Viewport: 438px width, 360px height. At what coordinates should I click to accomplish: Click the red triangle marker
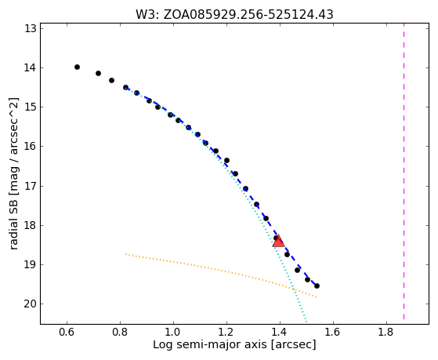pos(278,242)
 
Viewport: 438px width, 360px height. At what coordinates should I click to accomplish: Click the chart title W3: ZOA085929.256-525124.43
pos(234,15)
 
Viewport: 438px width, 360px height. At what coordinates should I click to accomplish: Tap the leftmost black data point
pos(77,67)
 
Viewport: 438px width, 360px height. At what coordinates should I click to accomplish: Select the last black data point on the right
pos(317,285)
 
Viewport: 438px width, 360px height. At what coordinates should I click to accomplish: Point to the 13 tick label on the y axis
pos(31,28)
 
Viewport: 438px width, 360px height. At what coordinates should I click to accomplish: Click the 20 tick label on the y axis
pos(31,304)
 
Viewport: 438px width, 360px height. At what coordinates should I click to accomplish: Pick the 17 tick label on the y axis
pos(31,186)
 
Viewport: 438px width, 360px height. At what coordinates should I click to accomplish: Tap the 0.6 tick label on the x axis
pos(67,332)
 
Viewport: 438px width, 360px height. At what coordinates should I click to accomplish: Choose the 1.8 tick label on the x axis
pos(386,332)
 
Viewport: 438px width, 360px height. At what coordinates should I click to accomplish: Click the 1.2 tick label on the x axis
pos(226,332)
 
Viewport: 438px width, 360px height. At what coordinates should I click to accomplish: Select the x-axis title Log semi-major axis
pos(210,344)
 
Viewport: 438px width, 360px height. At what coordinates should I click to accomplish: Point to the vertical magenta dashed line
pos(404,172)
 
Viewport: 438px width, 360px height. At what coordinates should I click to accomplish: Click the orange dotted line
pos(221,271)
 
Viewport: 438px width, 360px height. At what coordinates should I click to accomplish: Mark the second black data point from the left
pos(98,73)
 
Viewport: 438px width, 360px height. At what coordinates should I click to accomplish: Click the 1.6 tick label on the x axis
pos(333,332)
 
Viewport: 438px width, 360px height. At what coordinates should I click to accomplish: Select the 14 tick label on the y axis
pos(31,67)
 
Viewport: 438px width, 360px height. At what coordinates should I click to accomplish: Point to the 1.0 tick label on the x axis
pos(173,332)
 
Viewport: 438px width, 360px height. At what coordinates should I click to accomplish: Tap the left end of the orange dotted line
pos(125,254)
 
